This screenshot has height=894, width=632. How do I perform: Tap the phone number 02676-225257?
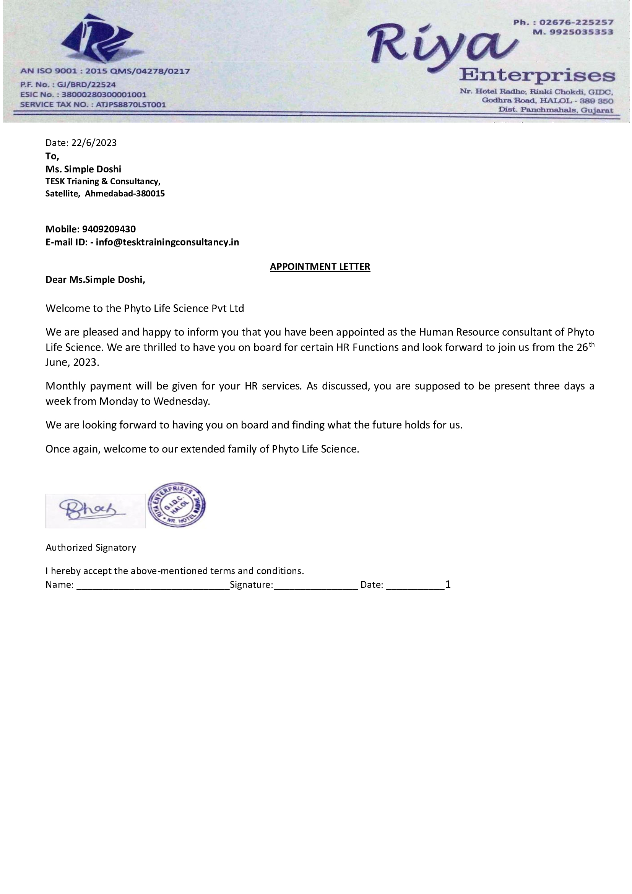click(576, 22)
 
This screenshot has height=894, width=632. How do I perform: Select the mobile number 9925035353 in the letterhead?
click(581, 32)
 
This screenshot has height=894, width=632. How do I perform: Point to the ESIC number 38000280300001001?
click(104, 95)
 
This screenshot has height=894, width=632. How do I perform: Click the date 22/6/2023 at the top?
click(94, 143)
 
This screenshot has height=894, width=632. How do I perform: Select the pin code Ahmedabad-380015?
click(125, 193)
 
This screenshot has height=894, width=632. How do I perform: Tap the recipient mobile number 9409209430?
click(109, 229)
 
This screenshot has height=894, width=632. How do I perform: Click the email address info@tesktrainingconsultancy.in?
click(167, 242)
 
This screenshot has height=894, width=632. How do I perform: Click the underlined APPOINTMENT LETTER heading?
click(320, 267)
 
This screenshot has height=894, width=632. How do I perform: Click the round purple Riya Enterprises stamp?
click(177, 505)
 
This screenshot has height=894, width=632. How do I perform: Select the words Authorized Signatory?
click(91, 547)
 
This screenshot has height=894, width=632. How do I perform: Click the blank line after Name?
click(153, 584)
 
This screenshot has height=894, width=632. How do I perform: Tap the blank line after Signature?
click(315, 584)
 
